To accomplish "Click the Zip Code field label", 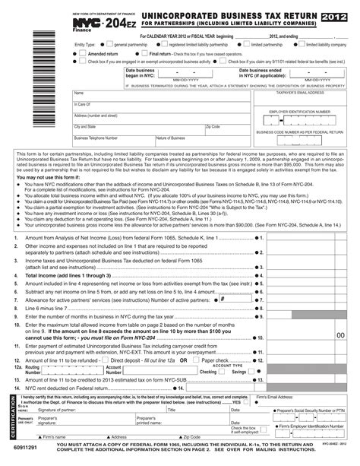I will click(214, 127).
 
